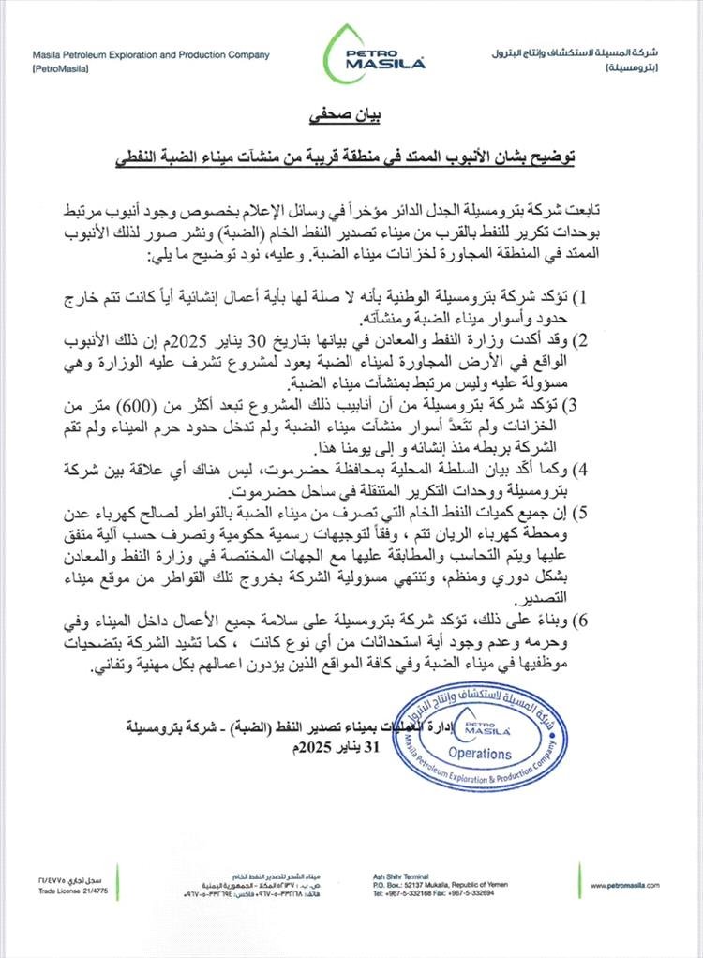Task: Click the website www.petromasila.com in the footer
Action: coord(625,884)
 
